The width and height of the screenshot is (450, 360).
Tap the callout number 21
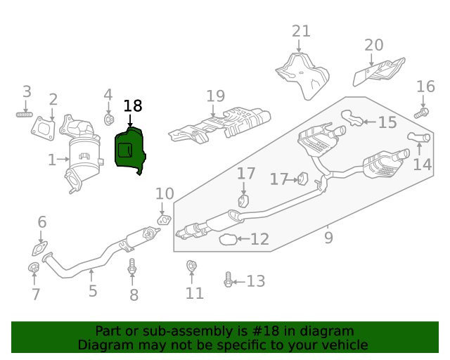point(301,32)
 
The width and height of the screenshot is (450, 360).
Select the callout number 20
point(374,46)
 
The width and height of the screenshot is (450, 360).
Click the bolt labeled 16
point(422,112)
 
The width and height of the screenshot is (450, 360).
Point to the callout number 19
point(215,96)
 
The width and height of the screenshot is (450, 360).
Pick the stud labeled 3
point(25,113)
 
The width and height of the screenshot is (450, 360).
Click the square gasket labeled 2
point(44,128)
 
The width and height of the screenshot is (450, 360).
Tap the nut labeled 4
point(109,119)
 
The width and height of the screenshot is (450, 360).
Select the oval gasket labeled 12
point(228,240)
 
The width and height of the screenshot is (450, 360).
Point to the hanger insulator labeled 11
point(191,266)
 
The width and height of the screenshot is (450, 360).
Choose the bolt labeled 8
point(132,267)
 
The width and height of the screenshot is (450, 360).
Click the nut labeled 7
point(32,267)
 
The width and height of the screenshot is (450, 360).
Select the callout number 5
point(92,291)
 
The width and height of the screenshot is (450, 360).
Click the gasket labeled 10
point(162,220)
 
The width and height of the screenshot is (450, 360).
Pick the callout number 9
point(328,238)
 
